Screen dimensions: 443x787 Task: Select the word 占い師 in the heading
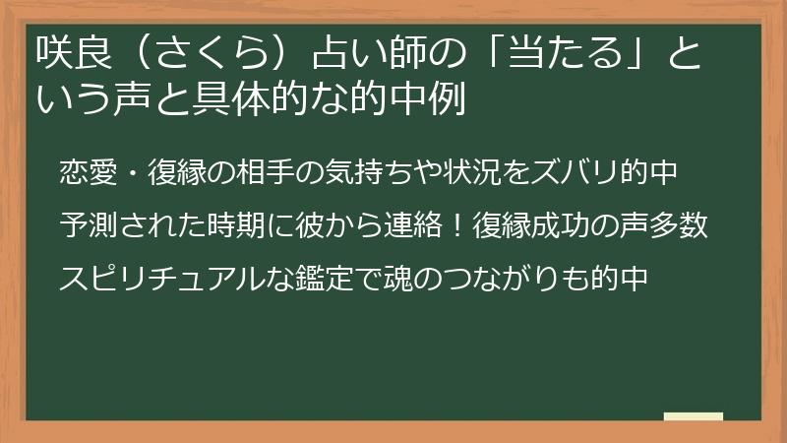coord(359,51)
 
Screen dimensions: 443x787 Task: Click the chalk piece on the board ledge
coord(693,417)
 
